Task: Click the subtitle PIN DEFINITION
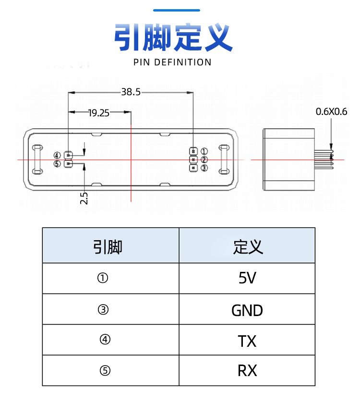tap(172, 62)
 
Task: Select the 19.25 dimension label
tap(99, 113)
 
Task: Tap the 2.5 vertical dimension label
tap(84, 198)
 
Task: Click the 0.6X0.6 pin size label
tap(331, 112)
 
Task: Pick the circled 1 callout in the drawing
tap(204, 151)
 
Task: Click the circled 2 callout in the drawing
tap(204, 159)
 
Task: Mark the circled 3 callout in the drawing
tap(204, 168)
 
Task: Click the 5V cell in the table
tap(247, 278)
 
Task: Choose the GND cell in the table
tap(247, 310)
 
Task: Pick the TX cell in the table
tap(247, 341)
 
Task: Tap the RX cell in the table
tap(247, 371)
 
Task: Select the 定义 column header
tap(247, 247)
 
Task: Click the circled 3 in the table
tap(103, 310)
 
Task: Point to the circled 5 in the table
tap(105, 371)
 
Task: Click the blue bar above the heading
tap(176, 10)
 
